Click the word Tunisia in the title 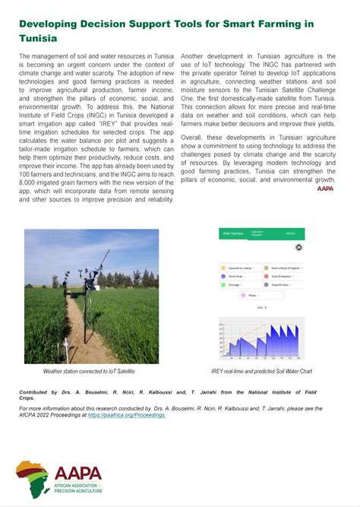point(38,37)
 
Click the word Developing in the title point(54,24)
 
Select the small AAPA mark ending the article point(325,209)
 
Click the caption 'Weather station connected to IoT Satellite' point(89,372)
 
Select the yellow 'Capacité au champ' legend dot point(223,268)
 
